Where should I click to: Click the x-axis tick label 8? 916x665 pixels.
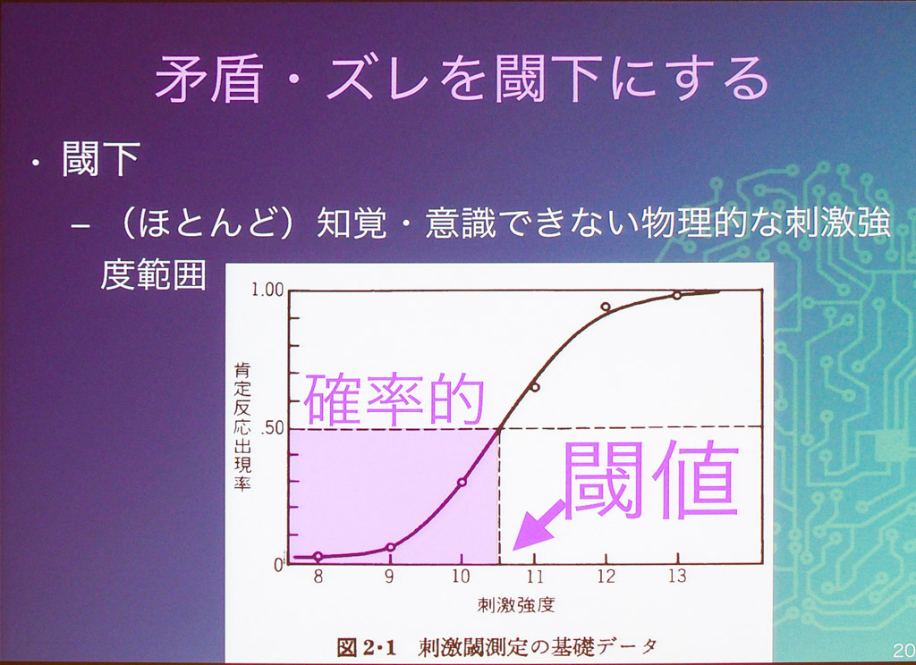[318, 577]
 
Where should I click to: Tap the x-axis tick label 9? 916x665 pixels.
[389, 577]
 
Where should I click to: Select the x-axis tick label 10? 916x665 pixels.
[461, 577]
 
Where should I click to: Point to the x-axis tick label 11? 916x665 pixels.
[535, 577]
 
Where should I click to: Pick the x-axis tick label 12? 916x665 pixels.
[606, 577]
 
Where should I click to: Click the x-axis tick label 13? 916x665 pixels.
[677, 577]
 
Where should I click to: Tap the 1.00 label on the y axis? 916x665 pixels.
[267, 290]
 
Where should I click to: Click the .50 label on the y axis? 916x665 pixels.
[272, 428]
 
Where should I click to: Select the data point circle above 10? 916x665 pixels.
[462, 483]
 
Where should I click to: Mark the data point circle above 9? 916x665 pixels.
[391, 547]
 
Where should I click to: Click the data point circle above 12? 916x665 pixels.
[606, 307]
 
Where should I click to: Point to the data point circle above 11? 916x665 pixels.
[534, 387]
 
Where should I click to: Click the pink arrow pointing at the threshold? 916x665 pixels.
[539, 526]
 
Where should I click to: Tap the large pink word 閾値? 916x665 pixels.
[651, 480]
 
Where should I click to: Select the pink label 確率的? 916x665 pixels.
[394, 400]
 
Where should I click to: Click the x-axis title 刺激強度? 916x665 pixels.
[516, 605]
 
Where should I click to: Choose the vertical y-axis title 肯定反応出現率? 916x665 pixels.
[242, 426]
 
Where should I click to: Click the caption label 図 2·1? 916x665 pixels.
[366, 647]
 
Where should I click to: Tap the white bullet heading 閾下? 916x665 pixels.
[101, 159]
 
